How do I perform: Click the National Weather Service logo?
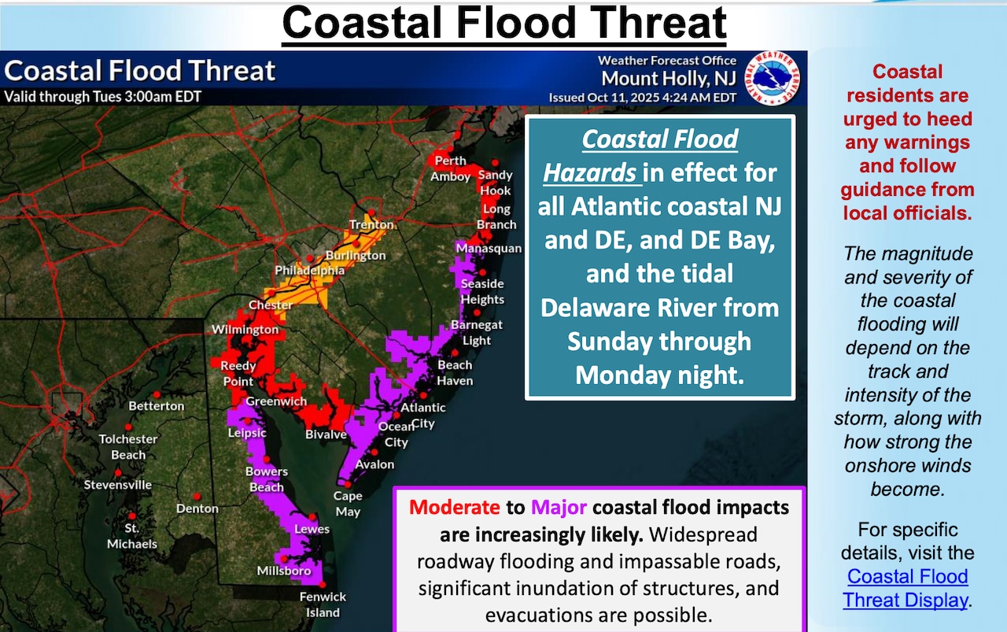[x=773, y=79]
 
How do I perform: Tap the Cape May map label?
[x=348, y=504]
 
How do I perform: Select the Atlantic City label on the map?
[x=423, y=415]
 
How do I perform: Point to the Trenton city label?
[x=371, y=225]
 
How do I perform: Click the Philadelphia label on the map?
[x=309, y=271]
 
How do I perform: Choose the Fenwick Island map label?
[x=323, y=604]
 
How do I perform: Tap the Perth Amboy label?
[x=450, y=168]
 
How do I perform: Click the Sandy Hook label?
[x=496, y=183]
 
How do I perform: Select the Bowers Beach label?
[x=267, y=479]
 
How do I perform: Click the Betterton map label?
[x=157, y=406]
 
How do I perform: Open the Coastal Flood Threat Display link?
[x=906, y=588]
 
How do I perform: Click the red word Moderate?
[x=454, y=507]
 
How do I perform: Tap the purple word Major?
[x=559, y=507]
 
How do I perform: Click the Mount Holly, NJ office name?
[x=669, y=79]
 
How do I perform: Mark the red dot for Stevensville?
[x=118, y=472]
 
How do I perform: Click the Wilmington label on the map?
[x=245, y=329]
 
